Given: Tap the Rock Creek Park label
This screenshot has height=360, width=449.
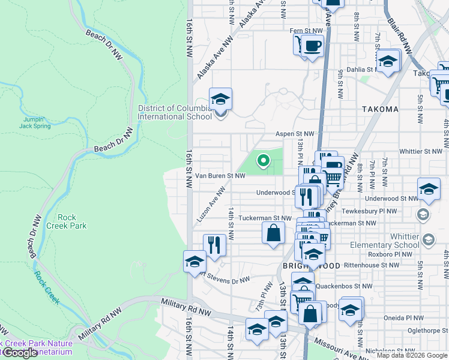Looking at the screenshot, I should point(71,221).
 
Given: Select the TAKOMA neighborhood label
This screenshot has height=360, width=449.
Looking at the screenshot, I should point(381,109).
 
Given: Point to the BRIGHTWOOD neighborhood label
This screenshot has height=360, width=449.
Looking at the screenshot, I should point(312,265).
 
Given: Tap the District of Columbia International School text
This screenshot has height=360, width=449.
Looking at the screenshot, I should point(175,112).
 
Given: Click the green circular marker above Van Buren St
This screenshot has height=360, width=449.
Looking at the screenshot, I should point(263,160).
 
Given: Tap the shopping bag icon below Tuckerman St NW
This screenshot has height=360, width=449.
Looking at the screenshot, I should point(273,232).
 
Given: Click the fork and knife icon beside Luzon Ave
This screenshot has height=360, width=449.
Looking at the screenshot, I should point(214,244).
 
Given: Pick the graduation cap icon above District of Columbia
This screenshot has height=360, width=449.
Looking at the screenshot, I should point(220,98).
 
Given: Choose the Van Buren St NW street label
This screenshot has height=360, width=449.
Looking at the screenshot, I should point(220,176).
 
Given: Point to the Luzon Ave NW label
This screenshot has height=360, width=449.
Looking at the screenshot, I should point(211,205).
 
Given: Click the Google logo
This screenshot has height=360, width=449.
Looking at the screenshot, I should point(20,353).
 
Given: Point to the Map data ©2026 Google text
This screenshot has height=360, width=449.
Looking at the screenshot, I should point(412,355).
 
